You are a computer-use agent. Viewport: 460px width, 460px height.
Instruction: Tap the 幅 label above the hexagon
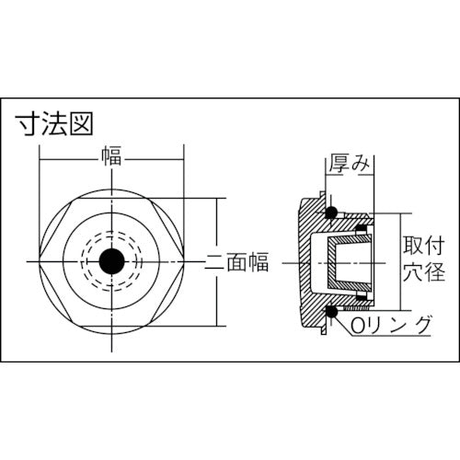click(x=110, y=157)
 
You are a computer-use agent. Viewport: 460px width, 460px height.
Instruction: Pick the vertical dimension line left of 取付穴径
click(x=398, y=262)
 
